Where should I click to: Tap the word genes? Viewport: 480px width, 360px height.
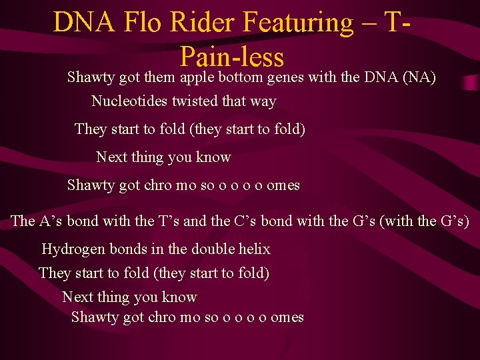click(285, 78)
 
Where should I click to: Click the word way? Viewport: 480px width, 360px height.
click(263, 102)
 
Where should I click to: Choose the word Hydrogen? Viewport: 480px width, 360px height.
click(73, 249)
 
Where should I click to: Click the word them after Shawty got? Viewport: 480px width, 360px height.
click(159, 77)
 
